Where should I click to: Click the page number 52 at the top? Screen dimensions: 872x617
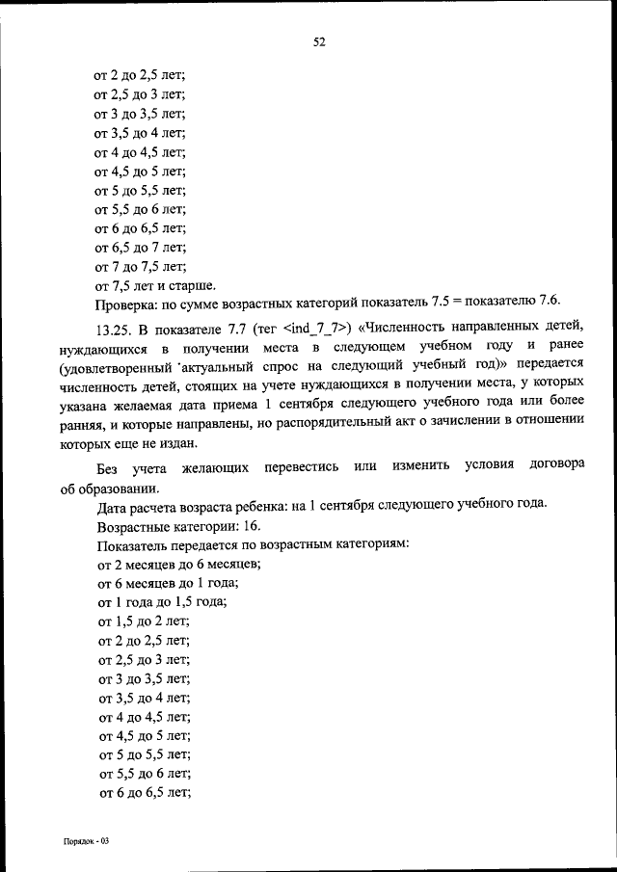pos(319,41)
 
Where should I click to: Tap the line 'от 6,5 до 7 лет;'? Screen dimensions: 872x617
pos(140,248)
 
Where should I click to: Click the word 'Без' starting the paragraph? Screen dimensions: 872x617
pos(109,467)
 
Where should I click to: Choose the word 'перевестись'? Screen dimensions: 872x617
pos(294,467)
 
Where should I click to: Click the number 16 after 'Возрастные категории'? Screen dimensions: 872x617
pos(249,526)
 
